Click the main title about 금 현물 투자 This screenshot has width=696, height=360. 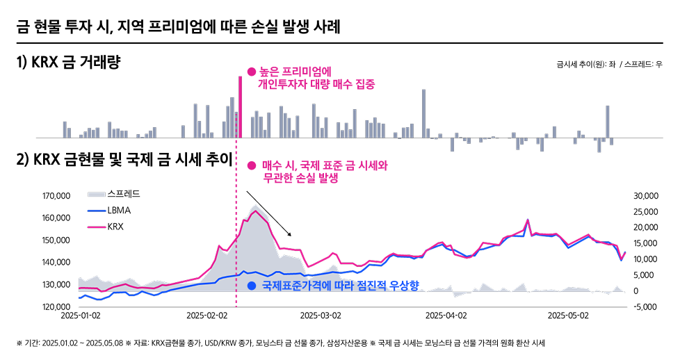click(178, 27)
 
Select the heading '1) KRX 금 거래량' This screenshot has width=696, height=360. click(68, 63)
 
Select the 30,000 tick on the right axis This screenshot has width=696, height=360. click(646, 197)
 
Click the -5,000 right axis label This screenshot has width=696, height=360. click(646, 306)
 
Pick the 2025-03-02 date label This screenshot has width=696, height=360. click(320, 315)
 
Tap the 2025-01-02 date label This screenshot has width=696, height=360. click(81, 315)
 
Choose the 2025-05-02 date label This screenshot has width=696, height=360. click(568, 315)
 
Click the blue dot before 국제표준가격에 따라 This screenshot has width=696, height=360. click(252, 286)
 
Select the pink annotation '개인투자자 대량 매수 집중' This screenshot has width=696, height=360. click(316, 85)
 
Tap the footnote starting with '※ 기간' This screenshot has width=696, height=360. click(278, 343)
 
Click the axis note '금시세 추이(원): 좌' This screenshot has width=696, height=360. click(585, 64)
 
